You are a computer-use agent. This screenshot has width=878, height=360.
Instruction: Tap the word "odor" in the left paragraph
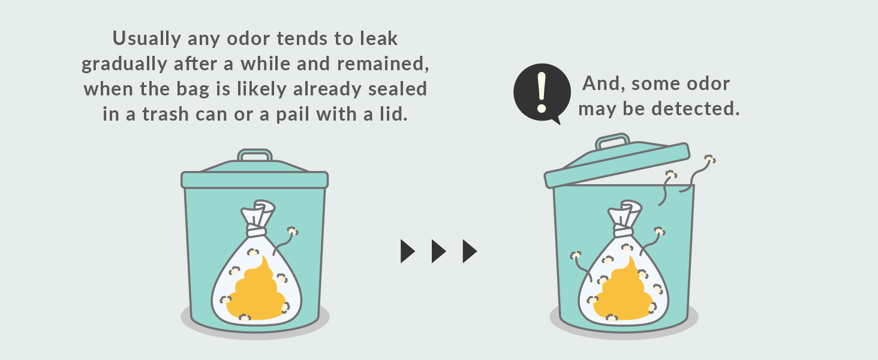point(248,39)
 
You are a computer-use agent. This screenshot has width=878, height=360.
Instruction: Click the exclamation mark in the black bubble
point(542,92)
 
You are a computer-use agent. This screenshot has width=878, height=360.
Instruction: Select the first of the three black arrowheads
point(407,251)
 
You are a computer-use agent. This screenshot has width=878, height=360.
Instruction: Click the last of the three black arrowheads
point(470,251)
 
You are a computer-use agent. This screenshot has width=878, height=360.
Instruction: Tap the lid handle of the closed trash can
point(255,155)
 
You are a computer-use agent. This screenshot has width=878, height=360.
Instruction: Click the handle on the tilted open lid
point(612,141)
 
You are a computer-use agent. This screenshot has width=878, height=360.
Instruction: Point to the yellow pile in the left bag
point(256,292)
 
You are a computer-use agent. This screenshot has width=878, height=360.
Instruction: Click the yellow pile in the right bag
point(623,292)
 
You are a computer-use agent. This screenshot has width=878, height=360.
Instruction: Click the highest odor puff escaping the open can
point(709,159)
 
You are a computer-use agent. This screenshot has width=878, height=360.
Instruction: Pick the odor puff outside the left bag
point(293,232)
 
